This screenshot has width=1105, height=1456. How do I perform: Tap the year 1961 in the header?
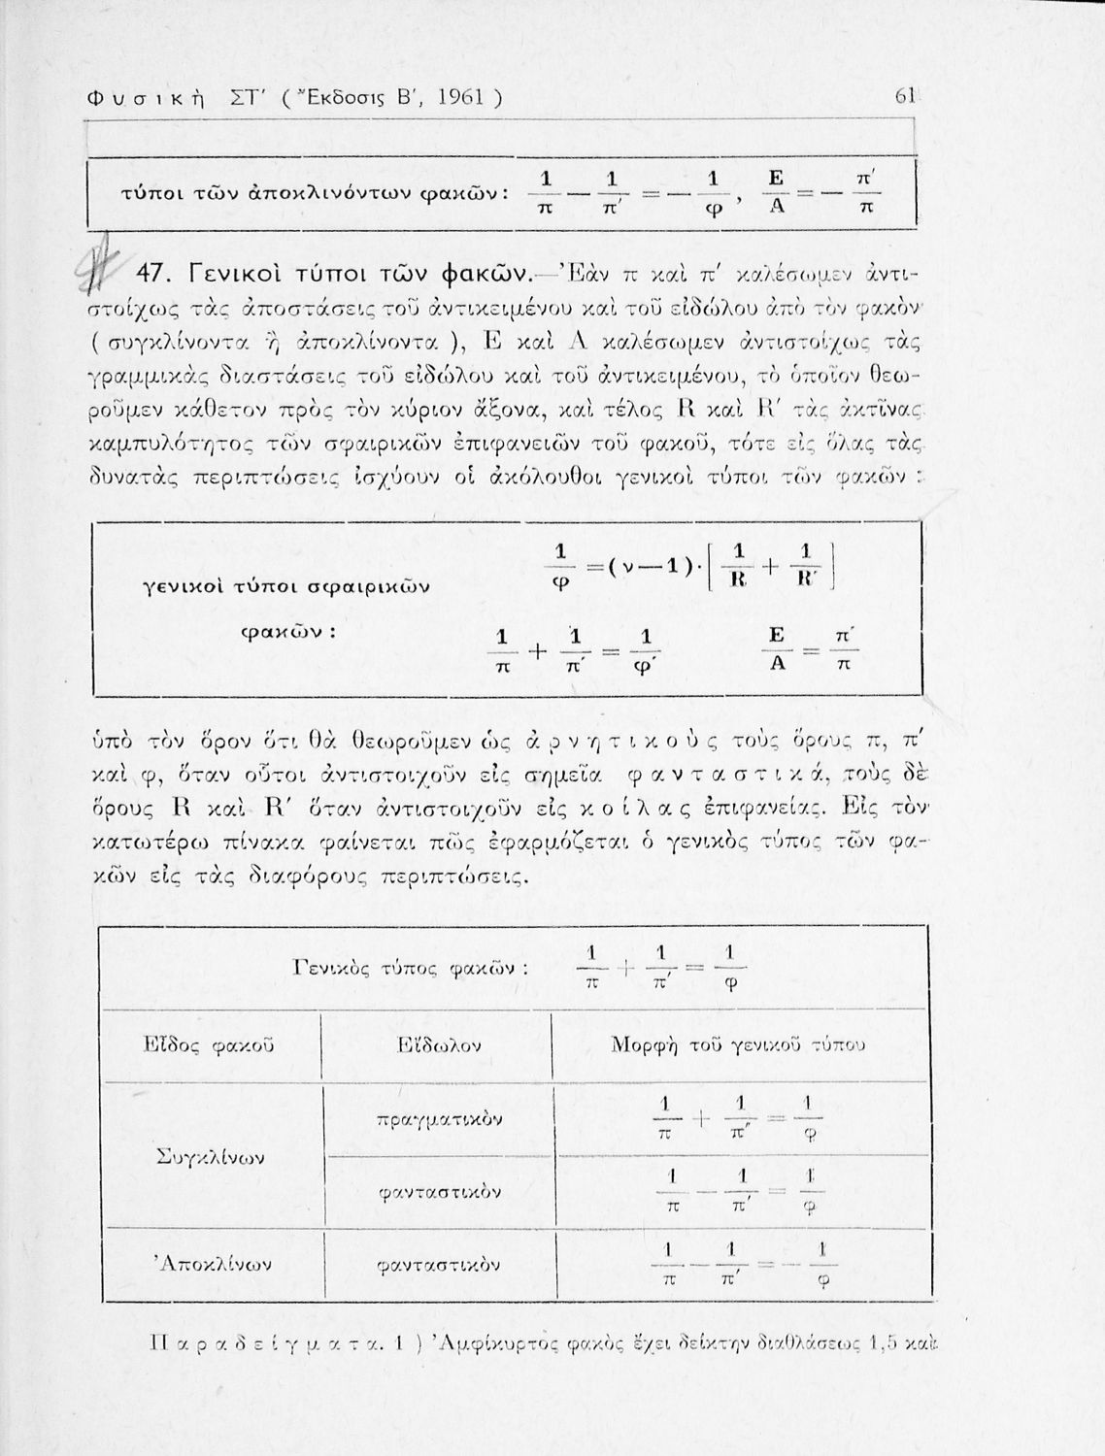coord(457,97)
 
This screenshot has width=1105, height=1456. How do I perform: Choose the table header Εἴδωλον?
coord(439,1045)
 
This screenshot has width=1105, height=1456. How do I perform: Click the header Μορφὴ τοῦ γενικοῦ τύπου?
coord(737,1045)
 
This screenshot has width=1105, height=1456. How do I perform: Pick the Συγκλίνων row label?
coord(211,1157)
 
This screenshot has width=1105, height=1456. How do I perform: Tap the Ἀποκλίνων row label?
coord(213,1264)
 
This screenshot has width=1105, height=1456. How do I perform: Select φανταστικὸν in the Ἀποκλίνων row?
coord(439,1265)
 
